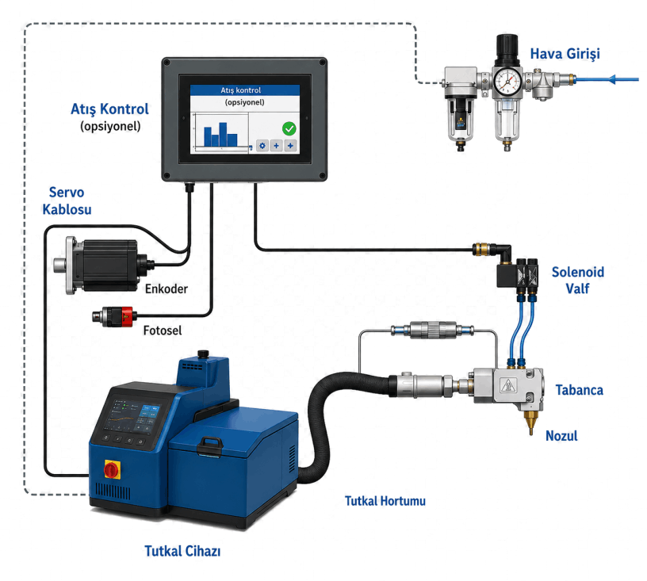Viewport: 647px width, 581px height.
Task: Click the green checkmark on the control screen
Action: [289, 128]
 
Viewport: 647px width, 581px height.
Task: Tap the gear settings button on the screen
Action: [262, 146]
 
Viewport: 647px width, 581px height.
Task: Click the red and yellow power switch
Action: [113, 470]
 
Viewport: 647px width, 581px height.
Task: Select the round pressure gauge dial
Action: [507, 81]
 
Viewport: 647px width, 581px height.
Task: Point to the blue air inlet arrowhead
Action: [612, 78]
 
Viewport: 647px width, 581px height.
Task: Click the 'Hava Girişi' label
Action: [565, 54]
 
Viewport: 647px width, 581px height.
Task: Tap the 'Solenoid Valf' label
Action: [578, 280]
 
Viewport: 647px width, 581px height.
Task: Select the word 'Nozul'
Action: [561, 436]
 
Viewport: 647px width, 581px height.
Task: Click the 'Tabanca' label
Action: [579, 390]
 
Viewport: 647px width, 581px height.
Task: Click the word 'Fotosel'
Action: [163, 331]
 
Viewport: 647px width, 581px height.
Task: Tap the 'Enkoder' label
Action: [167, 289]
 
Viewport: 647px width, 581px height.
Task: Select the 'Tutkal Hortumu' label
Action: [385, 501]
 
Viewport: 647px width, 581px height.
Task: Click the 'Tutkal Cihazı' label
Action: [182, 551]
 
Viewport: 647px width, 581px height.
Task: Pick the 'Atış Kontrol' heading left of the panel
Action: [109, 109]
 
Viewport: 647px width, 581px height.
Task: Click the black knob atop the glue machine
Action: [203, 354]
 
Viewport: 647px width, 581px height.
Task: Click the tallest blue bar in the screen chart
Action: [223, 134]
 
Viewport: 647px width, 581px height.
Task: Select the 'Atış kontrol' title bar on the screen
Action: [245, 90]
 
